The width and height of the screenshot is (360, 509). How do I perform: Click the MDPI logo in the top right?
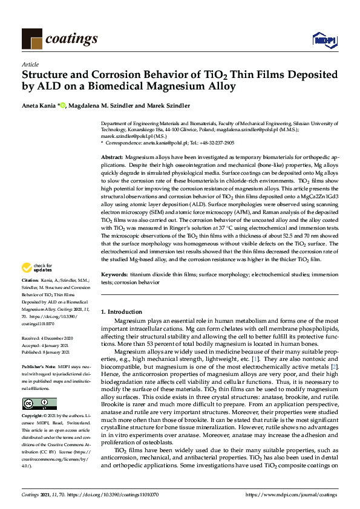324,40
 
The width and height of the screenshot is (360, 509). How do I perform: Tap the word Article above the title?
30,64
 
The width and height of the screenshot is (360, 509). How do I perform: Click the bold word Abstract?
112,157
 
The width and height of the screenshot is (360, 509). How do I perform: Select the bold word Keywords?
114,274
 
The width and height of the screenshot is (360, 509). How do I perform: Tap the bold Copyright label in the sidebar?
33,417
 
